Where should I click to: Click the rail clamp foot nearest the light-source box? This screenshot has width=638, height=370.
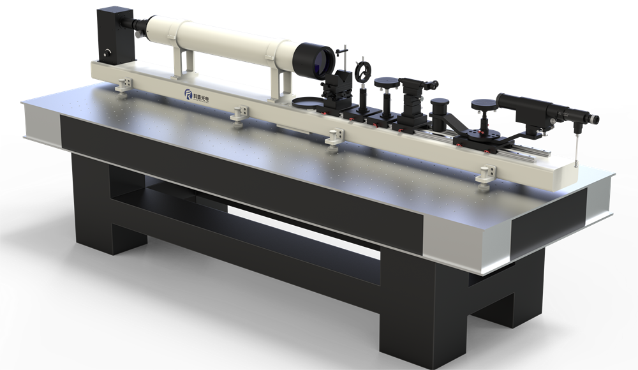(124, 84)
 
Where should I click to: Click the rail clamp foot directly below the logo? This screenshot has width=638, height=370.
(237, 114)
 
